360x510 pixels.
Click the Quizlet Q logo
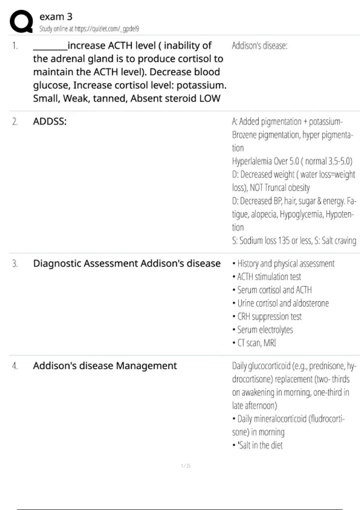tap(21, 21)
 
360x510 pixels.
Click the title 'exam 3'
tap(56, 17)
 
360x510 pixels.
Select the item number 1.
tap(15, 46)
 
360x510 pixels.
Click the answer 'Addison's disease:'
tap(259, 46)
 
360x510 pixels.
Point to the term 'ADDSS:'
tap(50, 121)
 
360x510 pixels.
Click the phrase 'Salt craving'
tap(339, 241)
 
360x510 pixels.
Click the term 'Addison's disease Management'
tap(105, 366)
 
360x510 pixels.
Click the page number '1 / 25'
tap(186, 466)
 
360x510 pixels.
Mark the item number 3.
tap(15, 263)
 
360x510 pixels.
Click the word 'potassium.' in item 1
tap(201, 85)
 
